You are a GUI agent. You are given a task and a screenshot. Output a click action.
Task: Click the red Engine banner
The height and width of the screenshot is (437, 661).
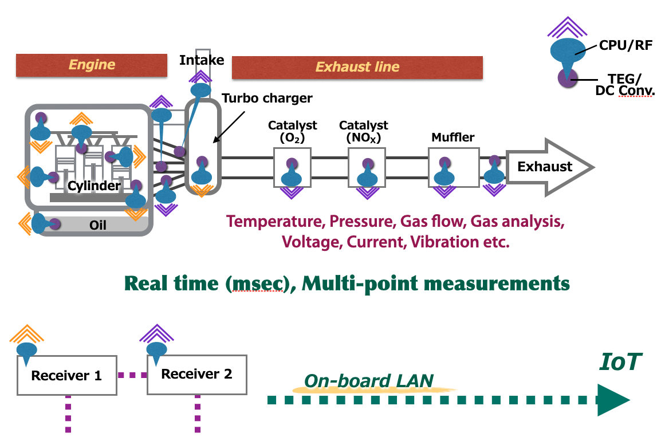(x=92, y=65)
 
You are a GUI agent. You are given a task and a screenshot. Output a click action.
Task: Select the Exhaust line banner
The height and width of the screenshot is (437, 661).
(x=357, y=67)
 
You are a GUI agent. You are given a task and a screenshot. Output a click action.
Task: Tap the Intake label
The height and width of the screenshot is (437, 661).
(x=202, y=60)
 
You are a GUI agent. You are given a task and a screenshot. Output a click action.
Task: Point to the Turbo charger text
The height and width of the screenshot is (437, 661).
(x=267, y=98)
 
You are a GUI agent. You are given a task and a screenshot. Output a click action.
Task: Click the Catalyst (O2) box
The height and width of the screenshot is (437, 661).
(x=292, y=167)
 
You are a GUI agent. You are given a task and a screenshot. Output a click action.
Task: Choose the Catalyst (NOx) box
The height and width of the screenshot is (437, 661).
(x=367, y=167)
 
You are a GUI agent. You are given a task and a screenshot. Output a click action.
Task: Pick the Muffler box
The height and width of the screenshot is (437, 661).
(x=453, y=167)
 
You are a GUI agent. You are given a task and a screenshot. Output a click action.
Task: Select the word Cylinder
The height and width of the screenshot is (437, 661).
(x=94, y=186)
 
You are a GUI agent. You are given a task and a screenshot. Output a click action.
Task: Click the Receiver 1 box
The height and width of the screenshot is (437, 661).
(x=66, y=375)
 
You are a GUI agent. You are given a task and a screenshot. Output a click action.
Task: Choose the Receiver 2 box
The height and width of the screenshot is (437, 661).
(x=196, y=374)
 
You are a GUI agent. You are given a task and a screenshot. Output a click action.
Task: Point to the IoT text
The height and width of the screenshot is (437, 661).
(x=621, y=362)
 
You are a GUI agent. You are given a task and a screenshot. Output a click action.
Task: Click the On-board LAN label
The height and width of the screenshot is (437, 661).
(x=369, y=381)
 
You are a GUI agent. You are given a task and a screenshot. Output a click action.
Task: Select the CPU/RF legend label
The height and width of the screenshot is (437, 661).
(x=625, y=45)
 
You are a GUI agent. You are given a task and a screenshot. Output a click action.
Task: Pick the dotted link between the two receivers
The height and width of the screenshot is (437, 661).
(x=132, y=375)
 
